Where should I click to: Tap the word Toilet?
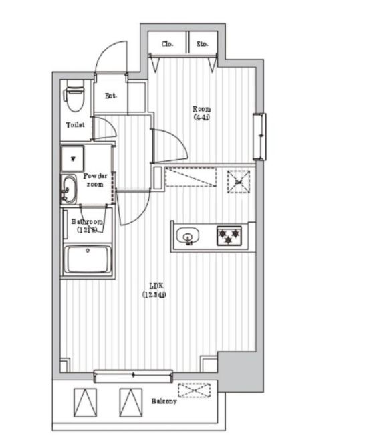tap(75, 125)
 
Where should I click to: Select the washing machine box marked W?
tap(72, 158)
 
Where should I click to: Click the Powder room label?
tap(94, 180)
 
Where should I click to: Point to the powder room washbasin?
tap(68, 190)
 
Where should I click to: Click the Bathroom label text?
tap(86, 225)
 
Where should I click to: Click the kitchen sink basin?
tap(188, 236)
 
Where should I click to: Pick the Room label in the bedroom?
tap(201, 112)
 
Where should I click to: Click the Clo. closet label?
tap(167, 44)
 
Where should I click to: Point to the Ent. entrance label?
tap(111, 95)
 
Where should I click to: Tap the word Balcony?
tap(164, 401)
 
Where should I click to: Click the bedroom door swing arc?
tap(167, 144)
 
